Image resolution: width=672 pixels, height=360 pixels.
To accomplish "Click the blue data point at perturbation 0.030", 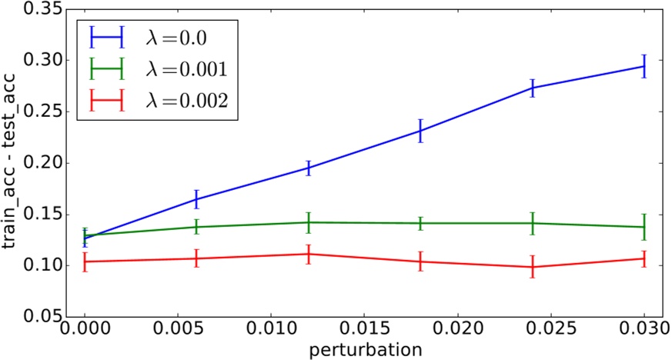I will (644, 66).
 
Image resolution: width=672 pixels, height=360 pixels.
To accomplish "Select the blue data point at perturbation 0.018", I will (420, 131).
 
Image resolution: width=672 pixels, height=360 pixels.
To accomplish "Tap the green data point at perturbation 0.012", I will (308, 222).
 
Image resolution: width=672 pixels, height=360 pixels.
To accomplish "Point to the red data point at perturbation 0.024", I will (532, 267).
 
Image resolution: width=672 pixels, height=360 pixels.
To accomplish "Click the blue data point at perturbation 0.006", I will (196, 199).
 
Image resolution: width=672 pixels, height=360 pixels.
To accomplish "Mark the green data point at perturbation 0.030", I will (644, 227).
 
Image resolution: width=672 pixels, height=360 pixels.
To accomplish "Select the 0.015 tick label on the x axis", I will (364, 330).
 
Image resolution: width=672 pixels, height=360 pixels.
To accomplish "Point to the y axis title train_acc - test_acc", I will (11, 163).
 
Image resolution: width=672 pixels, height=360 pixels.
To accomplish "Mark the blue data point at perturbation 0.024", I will (532, 88).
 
